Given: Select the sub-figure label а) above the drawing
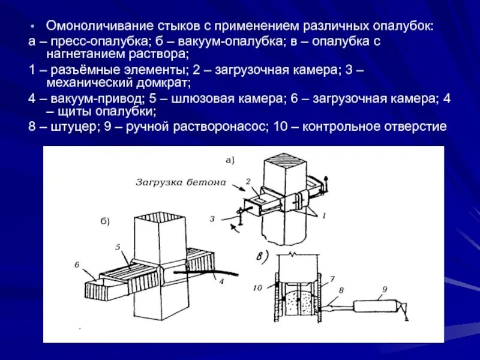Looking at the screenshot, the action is pos(230,160).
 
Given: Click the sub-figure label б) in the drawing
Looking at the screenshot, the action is pos(104,221).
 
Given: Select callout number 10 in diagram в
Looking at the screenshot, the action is pos(258,288).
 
